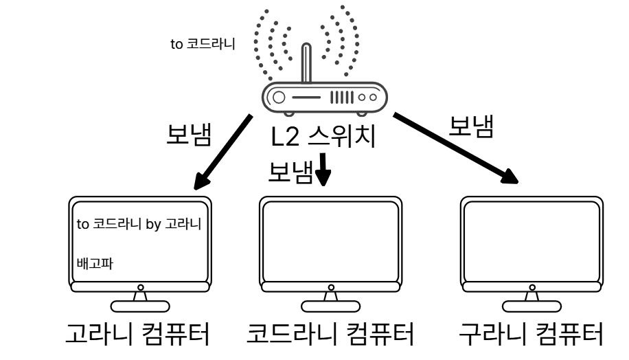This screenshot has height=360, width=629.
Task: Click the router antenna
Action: pyautogui.click(x=307, y=66)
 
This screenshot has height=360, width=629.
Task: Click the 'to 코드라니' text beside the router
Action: pyautogui.click(x=203, y=45)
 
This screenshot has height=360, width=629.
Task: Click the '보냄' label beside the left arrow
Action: pyautogui.click(x=188, y=133)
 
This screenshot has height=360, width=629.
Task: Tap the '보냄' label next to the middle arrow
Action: pyautogui.click(x=290, y=171)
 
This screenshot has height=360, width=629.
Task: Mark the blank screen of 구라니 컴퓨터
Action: pyautogui.click(x=531, y=239)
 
